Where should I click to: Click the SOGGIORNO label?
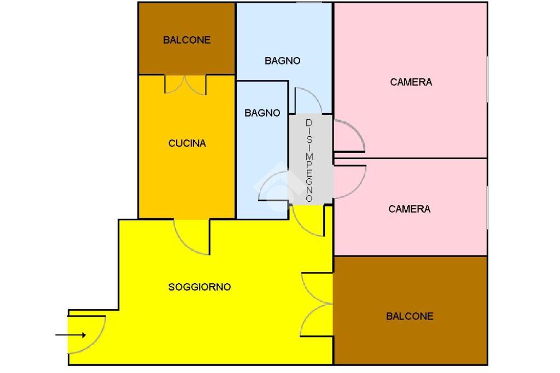200,287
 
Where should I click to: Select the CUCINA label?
187,143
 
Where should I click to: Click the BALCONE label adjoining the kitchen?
186,40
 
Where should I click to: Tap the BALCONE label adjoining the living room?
410,316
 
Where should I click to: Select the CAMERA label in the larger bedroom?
411,82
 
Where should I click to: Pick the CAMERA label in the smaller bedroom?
410,209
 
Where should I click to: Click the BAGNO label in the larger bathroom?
283,61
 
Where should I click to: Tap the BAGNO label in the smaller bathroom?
262,113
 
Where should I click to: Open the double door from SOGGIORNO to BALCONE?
316,304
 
